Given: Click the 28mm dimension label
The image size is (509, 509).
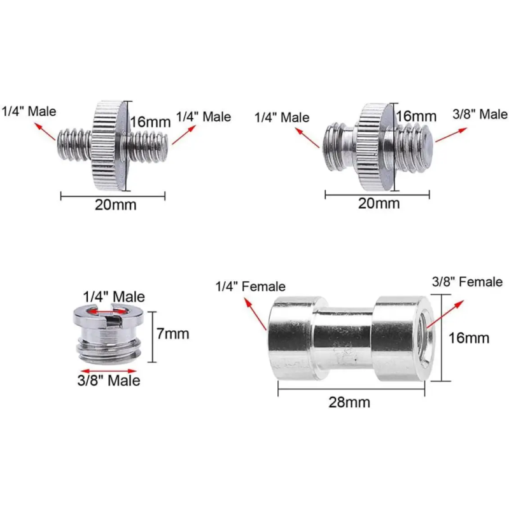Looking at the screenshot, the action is click(x=349, y=402).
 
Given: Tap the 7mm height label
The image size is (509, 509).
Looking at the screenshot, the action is click(x=172, y=333).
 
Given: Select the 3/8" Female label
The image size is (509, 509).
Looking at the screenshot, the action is click(x=467, y=282).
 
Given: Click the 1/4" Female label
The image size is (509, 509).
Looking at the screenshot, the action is click(x=250, y=286).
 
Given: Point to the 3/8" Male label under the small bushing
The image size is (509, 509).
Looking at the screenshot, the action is click(x=109, y=380).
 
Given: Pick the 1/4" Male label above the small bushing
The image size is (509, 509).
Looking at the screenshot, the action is click(x=114, y=296).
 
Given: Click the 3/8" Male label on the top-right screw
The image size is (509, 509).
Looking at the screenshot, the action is click(x=480, y=115).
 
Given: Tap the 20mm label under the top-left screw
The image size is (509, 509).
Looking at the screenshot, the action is click(x=116, y=205).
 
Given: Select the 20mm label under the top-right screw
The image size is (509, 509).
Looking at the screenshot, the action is click(x=379, y=203).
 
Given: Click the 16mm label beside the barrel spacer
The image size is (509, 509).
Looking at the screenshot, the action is click(x=469, y=338).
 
